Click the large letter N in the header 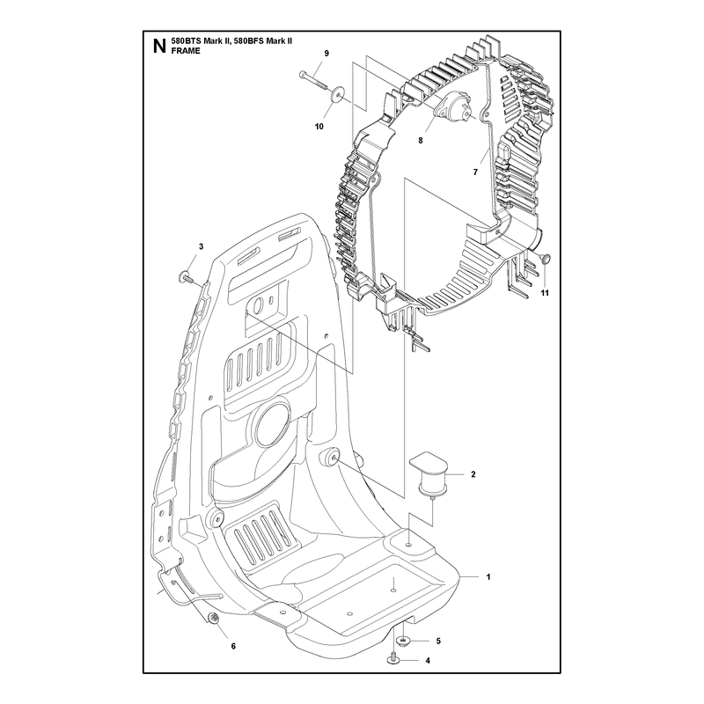(159, 47)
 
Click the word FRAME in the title (186, 51)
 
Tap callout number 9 (326, 54)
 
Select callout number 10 (319, 127)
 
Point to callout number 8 (421, 141)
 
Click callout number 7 (475, 172)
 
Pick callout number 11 (545, 293)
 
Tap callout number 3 (202, 246)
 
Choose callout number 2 (473, 474)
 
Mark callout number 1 (488, 577)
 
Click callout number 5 (438, 641)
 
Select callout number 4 (428, 661)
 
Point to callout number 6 (233, 646)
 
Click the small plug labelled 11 (545, 258)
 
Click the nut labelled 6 (214, 619)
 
